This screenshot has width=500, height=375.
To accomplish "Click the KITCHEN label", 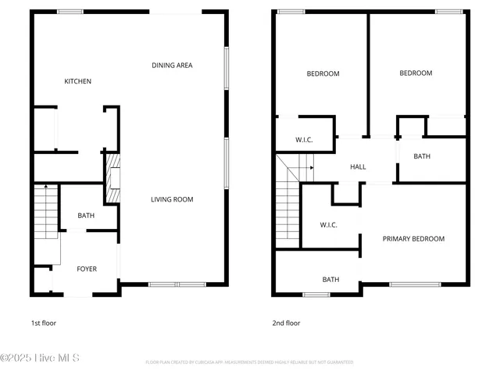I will click(77, 81).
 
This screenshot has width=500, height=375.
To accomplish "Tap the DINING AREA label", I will click(172, 66).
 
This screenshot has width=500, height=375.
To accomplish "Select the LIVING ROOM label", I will click(172, 199).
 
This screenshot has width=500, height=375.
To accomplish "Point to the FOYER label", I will click(87, 269).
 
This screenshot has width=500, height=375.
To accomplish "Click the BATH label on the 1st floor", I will click(86, 216).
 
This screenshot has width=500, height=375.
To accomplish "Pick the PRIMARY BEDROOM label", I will click(413, 239).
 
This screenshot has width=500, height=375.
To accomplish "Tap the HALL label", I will click(358, 166).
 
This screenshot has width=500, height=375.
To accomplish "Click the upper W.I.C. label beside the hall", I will click(304, 140).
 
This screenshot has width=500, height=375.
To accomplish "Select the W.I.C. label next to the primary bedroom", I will click(328, 225).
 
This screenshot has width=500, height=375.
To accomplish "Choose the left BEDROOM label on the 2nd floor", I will click(323, 73).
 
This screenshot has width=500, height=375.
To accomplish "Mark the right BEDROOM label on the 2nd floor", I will click(416, 73).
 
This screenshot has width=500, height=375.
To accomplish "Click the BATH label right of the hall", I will click(422, 156).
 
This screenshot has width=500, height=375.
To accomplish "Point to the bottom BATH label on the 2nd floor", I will click(331, 280).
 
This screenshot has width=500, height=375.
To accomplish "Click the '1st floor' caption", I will click(43, 323).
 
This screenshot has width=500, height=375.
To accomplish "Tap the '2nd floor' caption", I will click(287, 323).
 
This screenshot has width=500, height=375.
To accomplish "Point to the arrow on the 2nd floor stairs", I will click(311, 167).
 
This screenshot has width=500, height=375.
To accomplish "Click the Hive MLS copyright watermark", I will click(40, 358).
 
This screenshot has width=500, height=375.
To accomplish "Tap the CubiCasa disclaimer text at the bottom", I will click(249, 362).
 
